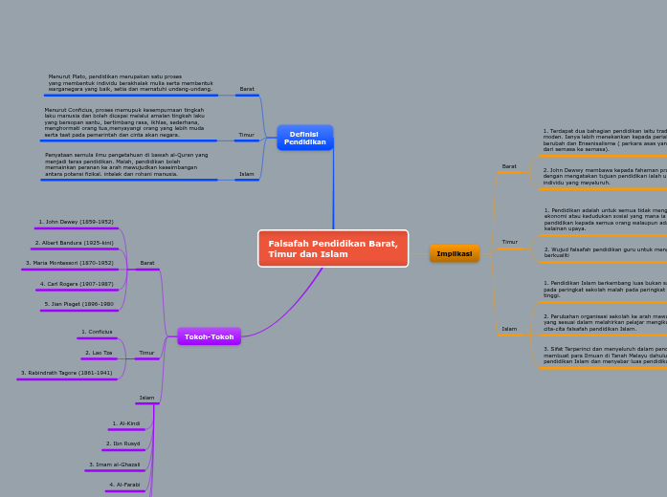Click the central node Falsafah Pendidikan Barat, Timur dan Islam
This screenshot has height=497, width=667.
tap(333, 248)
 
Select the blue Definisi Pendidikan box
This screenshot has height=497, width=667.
tap(304, 138)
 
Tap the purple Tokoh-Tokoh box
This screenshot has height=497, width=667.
tap(209, 336)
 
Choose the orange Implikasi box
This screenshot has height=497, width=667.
tap(455, 253)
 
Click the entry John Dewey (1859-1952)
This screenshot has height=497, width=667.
tap(77, 222)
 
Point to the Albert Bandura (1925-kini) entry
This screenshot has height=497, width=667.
tap(75, 243)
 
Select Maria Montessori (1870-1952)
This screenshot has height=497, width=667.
tap(70, 263)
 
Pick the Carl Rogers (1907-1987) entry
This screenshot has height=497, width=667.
tap(77, 284)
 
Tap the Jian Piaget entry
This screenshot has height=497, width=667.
tap(78, 304)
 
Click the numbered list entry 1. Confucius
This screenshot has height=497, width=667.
tap(97, 332)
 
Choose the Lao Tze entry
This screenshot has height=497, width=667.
tap(99, 353)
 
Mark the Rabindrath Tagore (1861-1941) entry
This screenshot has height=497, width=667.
tap(67, 373)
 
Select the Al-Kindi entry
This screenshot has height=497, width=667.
tap(126, 423)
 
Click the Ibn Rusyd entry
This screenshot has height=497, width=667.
tap(123, 443)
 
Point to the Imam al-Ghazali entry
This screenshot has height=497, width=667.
tap(115, 465)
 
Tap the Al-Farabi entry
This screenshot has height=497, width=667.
tap(124, 485)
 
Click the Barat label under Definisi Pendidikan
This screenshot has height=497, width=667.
tap(247, 89)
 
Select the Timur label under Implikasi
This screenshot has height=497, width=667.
tap(509, 242)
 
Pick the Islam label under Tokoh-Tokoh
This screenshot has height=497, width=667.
tap(146, 398)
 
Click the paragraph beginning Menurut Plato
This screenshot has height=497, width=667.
tap(130, 82)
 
